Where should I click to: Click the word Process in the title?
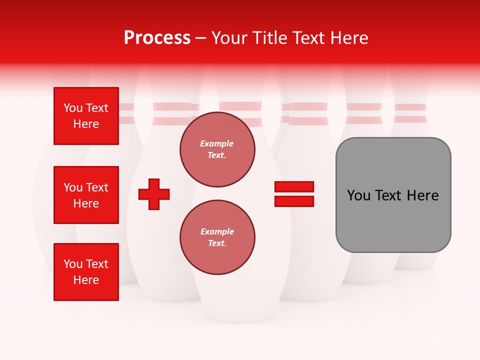(x=157, y=38)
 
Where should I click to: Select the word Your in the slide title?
(x=229, y=38)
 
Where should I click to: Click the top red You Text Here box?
(x=86, y=116)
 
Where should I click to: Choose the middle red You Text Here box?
(x=86, y=195)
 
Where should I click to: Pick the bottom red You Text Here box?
(x=86, y=272)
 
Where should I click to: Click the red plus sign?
(x=154, y=194)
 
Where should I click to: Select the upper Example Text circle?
(x=217, y=149)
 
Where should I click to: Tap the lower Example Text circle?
(x=217, y=237)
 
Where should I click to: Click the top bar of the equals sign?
(x=294, y=187)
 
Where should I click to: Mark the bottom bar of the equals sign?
(x=294, y=201)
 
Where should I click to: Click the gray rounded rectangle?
(x=393, y=194)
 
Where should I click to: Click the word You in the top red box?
(x=73, y=108)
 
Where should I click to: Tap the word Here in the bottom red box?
(x=86, y=280)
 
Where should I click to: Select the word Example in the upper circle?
(x=216, y=143)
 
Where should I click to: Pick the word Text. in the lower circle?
(x=217, y=243)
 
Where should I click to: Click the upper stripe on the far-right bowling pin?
(x=410, y=107)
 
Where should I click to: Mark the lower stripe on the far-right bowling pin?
(x=410, y=119)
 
